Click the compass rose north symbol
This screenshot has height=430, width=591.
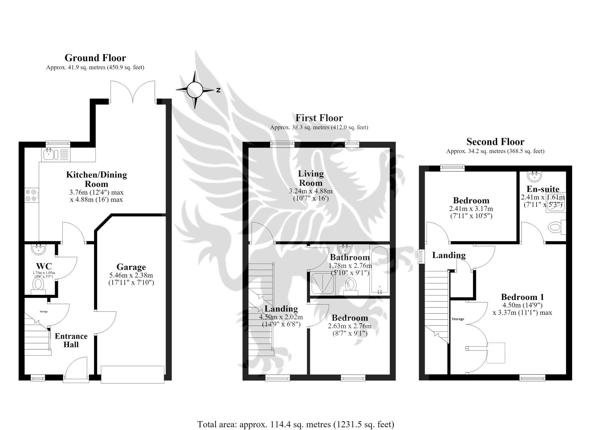point(218,90)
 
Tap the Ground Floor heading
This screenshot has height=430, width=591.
point(95,58)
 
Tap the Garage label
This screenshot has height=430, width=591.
point(131,267)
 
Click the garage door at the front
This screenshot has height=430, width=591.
point(132,374)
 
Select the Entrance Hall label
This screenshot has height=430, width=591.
point(71,340)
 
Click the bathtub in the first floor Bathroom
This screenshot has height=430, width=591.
point(379,270)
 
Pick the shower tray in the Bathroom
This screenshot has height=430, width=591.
point(322,283)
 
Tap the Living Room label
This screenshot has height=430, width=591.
point(311,178)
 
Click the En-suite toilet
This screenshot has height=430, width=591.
point(556,228)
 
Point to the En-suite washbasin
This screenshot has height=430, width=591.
point(535,177)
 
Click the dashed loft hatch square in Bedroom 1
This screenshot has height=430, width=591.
point(496,353)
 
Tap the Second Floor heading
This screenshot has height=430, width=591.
point(495,142)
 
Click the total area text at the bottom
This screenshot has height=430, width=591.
point(295,424)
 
